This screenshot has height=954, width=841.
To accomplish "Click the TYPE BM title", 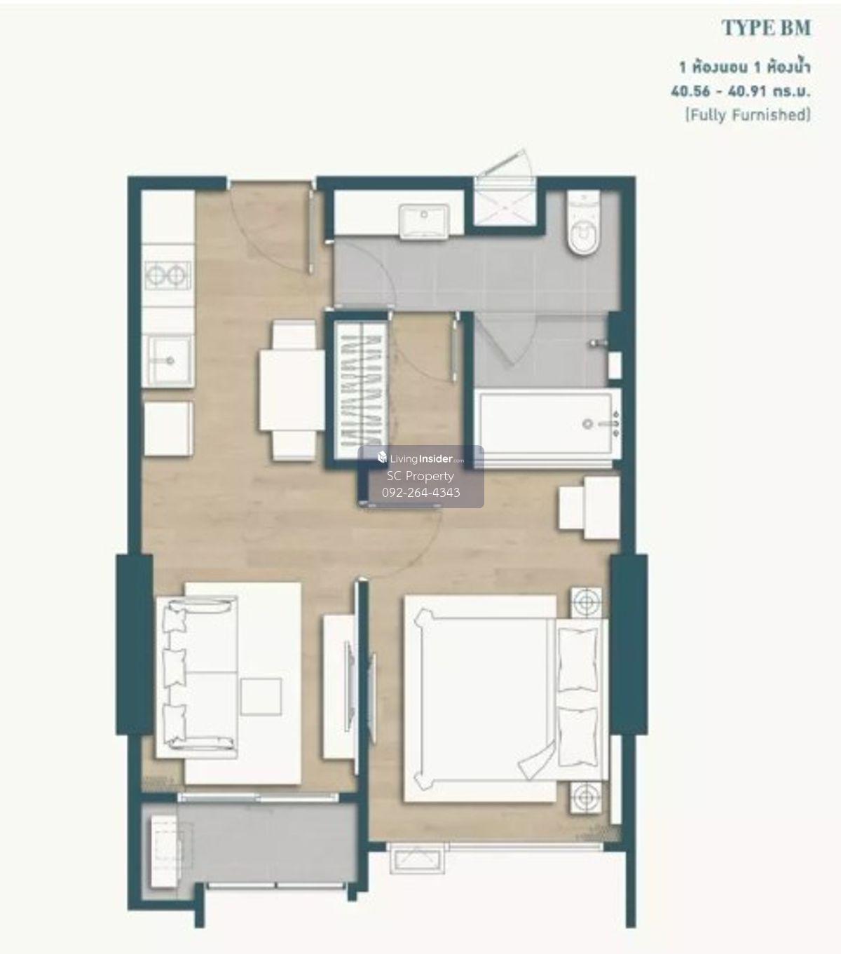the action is click(x=766, y=28).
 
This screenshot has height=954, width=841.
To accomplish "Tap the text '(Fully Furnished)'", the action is click(x=748, y=114).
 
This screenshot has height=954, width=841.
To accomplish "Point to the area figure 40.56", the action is click(x=690, y=91).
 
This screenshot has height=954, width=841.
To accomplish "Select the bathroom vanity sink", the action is click(x=424, y=221).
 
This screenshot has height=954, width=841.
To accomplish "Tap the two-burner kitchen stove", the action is click(x=168, y=275).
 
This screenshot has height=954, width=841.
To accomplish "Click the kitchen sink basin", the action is click(x=169, y=361).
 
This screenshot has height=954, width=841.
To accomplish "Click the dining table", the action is click(x=292, y=390).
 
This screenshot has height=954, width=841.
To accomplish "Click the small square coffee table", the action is click(x=261, y=696).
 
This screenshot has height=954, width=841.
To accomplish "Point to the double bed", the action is click(x=506, y=698).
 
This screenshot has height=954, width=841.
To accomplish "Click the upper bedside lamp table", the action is click(x=587, y=603).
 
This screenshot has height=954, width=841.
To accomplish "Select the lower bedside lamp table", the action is click(x=585, y=797).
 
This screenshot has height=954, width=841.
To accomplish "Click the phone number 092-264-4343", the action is click(x=420, y=493).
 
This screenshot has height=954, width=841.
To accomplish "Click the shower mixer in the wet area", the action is click(x=598, y=343).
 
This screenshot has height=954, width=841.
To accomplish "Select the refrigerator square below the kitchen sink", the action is click(x=168, y=428).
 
